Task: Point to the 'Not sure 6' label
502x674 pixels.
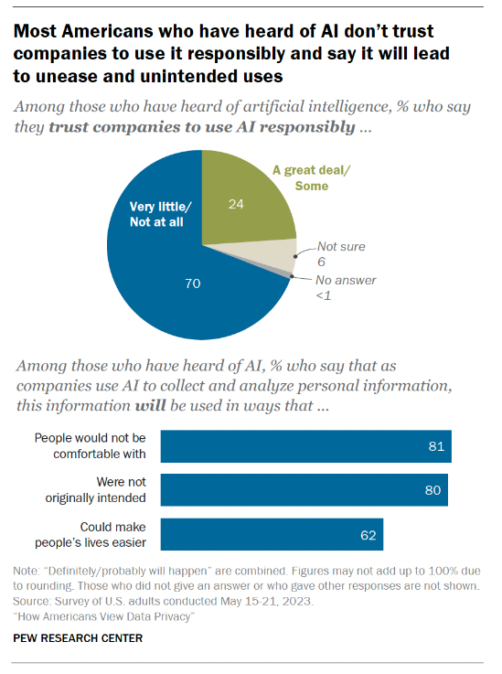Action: tap(331, 253)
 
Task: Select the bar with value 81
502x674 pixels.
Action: tap(305, 446)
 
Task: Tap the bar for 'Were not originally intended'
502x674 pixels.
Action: tap(304, 489)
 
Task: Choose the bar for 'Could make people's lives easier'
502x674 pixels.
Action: tap(272, 533)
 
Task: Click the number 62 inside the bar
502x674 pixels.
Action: tap(368, 534)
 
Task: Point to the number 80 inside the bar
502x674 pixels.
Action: tap(433, 490)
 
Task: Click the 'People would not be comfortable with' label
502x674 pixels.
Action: tap(91, 446)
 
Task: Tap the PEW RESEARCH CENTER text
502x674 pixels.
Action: tap(78, 637)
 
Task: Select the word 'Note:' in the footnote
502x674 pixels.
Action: tap(28, 571)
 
